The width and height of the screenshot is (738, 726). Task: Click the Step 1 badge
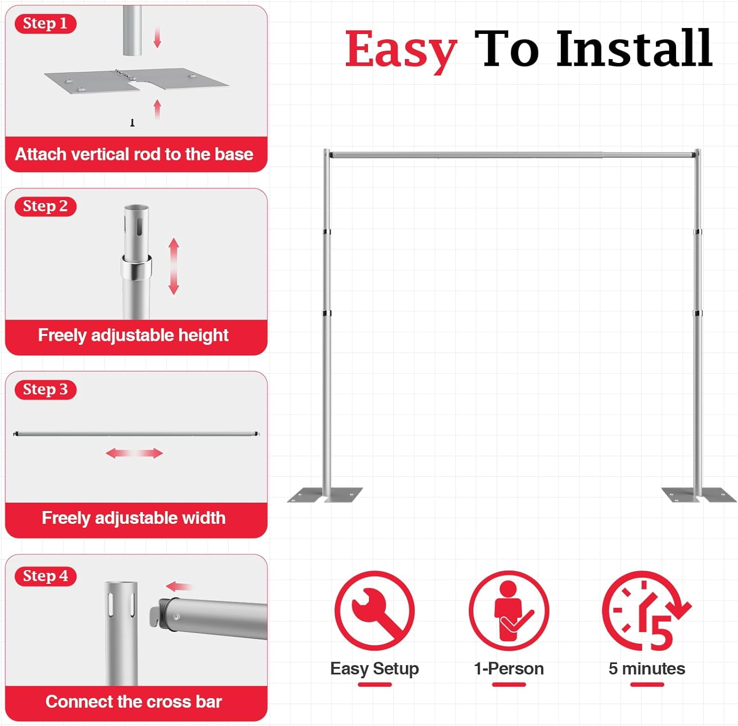tap(45, 24)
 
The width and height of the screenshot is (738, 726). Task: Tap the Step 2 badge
tap(45, 207)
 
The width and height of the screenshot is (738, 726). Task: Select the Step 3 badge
tap(45, 390)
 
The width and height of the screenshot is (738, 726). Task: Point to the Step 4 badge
tap(45, 576)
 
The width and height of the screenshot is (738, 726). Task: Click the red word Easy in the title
tap(401, 51)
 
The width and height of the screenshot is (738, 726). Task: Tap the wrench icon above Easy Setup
tap(374, 611)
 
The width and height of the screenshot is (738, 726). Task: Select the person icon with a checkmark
tap(509, 611)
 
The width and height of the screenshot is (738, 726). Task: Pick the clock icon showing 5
tap(646, 611)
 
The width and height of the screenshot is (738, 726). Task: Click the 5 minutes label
tap(646, 669)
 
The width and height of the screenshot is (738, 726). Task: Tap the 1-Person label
tap(509, 669)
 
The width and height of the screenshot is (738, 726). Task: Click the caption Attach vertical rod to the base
tap(134, 154)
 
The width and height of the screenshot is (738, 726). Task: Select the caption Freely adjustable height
tap(133, 335)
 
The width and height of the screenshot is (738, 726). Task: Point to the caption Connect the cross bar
tap(134, 701)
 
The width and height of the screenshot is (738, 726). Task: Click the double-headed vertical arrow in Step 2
tap(174, 266)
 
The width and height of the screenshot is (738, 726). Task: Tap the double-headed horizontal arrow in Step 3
tap(134, 453)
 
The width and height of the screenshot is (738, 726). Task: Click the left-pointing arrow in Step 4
tap(179, 586)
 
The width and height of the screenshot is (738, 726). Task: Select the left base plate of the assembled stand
tap(325, 495)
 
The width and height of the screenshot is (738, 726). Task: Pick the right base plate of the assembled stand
tap(699, 495)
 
